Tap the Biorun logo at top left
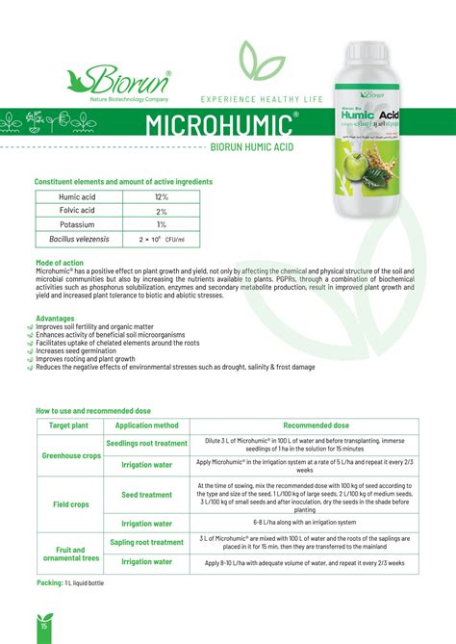pyautogui.click(x=115, y=80)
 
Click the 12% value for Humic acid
pyautogui.click(x=162, y=196)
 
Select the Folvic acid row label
pyautogui.click(x=76, y=210)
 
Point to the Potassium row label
pyautogui.click(x=76, y=223)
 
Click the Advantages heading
pyautogui.click(x=55, y=318)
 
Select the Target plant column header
pyautogui.click(x=68, y=425)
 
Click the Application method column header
pyautogui.click(x=146, y=425)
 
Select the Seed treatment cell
pyautogui.click(x=146, y=495)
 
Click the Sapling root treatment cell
pyautogui.click(x=146, y=542)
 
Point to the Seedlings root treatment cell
pyautogui.click(x=146, y=443)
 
